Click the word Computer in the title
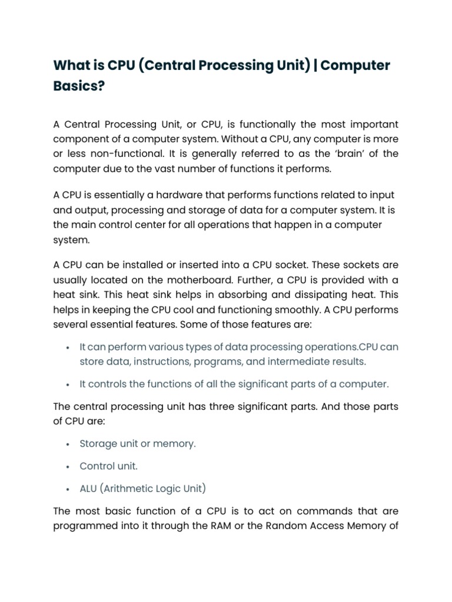(357, 65)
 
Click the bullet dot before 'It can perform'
(69, 347)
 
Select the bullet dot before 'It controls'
(69, 384)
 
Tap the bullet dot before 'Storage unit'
(69, 444)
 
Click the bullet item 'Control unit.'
(109, 466)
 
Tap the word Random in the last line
(290, 526)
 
